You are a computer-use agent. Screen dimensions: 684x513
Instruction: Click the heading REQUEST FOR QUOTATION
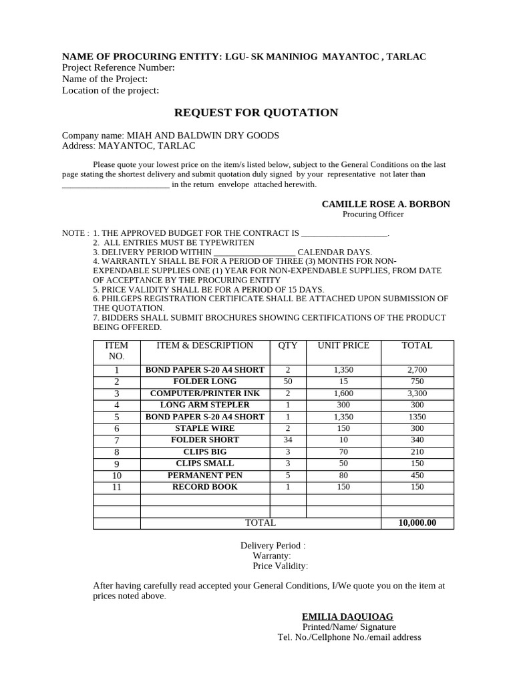(256, 113)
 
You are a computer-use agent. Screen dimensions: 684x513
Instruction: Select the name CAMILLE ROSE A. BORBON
(385, 204)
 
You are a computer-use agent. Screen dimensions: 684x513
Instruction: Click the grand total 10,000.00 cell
(417, 523)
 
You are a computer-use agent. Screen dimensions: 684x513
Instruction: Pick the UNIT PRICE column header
(343, 346)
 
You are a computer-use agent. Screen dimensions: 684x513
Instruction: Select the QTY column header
(288, 346)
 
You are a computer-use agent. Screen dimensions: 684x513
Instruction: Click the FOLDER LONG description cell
(204, 381)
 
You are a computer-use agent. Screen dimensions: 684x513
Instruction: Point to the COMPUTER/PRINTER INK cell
(204, 393)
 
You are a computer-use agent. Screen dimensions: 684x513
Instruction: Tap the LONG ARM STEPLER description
(204, 405)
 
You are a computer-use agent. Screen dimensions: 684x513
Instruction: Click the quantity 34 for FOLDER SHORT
(288, 440)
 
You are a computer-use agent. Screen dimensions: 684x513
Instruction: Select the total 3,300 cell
(417, 393)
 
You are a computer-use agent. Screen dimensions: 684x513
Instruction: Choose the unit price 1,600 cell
(343, 393)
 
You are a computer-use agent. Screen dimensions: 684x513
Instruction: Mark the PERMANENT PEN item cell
(204, 476)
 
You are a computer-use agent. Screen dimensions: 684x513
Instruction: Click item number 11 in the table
(117, 488)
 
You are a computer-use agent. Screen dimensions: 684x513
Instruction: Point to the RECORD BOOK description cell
(204, 487)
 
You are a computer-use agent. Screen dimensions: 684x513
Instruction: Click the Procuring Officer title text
(373, 214)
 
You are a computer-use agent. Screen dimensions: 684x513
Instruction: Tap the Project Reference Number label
(118, 67)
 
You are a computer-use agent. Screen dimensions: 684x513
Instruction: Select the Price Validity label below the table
(280, 566)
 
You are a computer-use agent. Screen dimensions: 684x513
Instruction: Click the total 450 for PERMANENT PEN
(417, 476)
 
